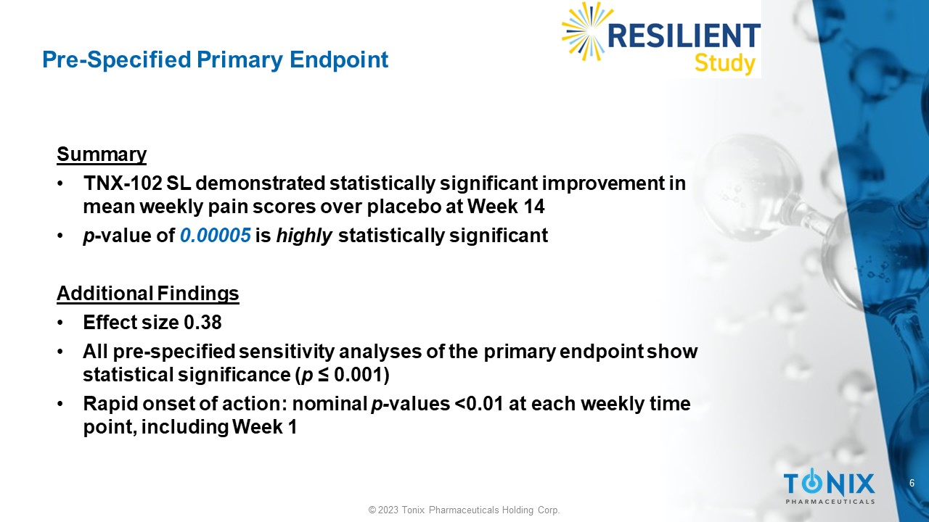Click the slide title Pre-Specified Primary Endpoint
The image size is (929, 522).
click(216, 60)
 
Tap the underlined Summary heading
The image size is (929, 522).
click(102, 155)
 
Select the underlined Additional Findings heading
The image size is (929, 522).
click(148, 294)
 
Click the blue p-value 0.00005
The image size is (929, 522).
click(216, 236)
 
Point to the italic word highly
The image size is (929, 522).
click(304, 236)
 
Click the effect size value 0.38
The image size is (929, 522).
click(202, 323)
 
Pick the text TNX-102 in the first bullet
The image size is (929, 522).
click(123, 183)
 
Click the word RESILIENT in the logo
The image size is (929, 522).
click(684, 36)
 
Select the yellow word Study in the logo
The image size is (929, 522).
click(725, 65)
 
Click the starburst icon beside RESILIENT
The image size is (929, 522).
click(585, 31)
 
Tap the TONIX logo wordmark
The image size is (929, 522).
click(829, 483)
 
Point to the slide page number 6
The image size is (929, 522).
click(912, 483)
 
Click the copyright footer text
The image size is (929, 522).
click(464, 510)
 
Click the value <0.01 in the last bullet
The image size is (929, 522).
click(479, 404)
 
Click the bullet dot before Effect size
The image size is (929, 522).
click(60, 323)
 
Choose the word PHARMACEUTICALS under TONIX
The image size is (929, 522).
click(830, 502)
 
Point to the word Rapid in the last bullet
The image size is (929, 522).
click(110, 404)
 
